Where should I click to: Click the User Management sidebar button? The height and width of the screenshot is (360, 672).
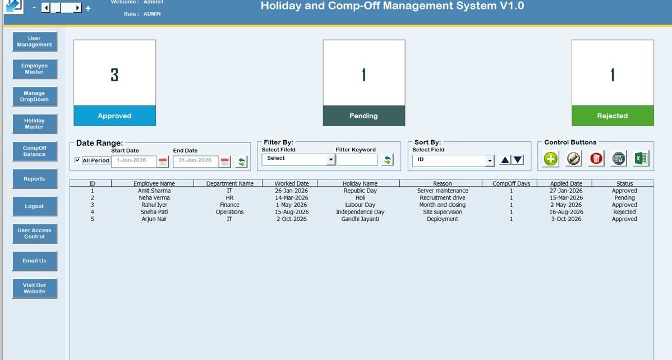(x=35, y=41)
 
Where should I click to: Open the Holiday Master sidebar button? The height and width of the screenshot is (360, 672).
(x=35, y=124)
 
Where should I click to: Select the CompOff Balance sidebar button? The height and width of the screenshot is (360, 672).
(x=35, y=151)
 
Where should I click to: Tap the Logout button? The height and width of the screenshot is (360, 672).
(x=35, y=206)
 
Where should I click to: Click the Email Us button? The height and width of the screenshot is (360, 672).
(x=35, y=261)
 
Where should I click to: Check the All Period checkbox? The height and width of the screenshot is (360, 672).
(x=77, y=160)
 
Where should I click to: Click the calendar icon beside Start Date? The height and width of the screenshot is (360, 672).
(x=163, y=161)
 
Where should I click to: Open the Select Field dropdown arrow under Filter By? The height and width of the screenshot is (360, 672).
(x=330, y=160)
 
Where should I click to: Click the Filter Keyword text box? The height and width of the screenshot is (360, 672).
(x=357, y=160)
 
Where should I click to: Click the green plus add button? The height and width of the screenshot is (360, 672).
(x=551, y=159)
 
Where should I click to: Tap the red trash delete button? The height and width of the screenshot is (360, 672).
(x=596, y=159)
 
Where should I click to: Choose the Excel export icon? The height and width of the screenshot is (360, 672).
(x=641, y=158)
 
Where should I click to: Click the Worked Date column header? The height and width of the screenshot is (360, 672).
(x=292, y=183)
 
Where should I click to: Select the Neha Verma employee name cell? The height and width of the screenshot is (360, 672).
(x=154, y=197)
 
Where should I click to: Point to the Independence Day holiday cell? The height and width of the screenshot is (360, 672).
(x=360, y=212)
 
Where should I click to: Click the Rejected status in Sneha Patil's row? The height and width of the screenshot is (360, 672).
(x=624, y=212)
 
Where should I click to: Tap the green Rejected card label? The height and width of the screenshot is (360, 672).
(x=613, y=116)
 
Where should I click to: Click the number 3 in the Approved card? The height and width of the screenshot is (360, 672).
(x=114, y=75)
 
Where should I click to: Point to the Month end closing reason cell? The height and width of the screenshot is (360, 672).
(x=442, y=205)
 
